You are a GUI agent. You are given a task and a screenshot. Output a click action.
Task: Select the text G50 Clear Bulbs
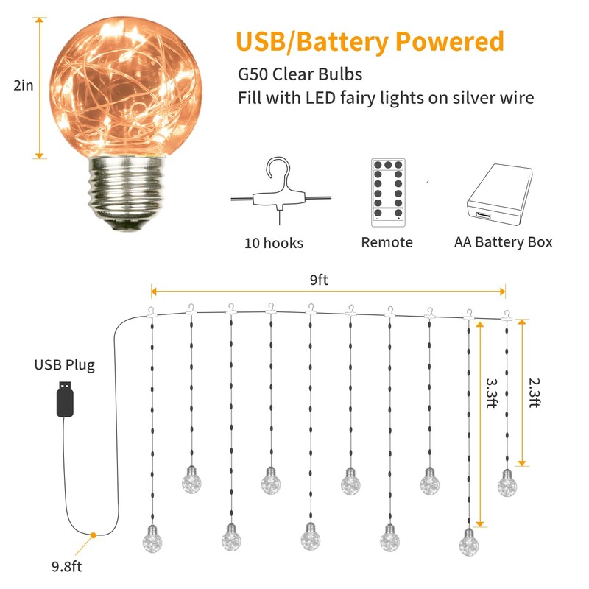pyautogui.click(x=299, y=75)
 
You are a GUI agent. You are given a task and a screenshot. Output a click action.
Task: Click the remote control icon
pyautogui.click(x=387, y=190)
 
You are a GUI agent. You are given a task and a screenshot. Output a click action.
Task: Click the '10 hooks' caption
pyautogui.click(x=274, y=243)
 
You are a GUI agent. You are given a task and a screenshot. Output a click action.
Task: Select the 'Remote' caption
pyautogui.click(x=387, y=242)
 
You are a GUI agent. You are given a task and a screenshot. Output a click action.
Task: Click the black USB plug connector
pyautogui.click(x=65, y=400)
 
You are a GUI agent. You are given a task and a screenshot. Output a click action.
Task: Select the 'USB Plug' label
pyautogui.click(x=64, y=364)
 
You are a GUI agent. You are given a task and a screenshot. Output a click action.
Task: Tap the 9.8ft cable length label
pyautogui.click(x=66, y=566)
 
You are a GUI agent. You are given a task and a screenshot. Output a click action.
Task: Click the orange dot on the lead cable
pyautogui.click(x=94, y=535)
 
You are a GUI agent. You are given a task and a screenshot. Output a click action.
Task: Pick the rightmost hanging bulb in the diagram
pyautogui.click(x=507, y=483)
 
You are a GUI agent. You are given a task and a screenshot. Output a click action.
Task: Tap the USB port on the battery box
pyautogui.click(x=484, y=216)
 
